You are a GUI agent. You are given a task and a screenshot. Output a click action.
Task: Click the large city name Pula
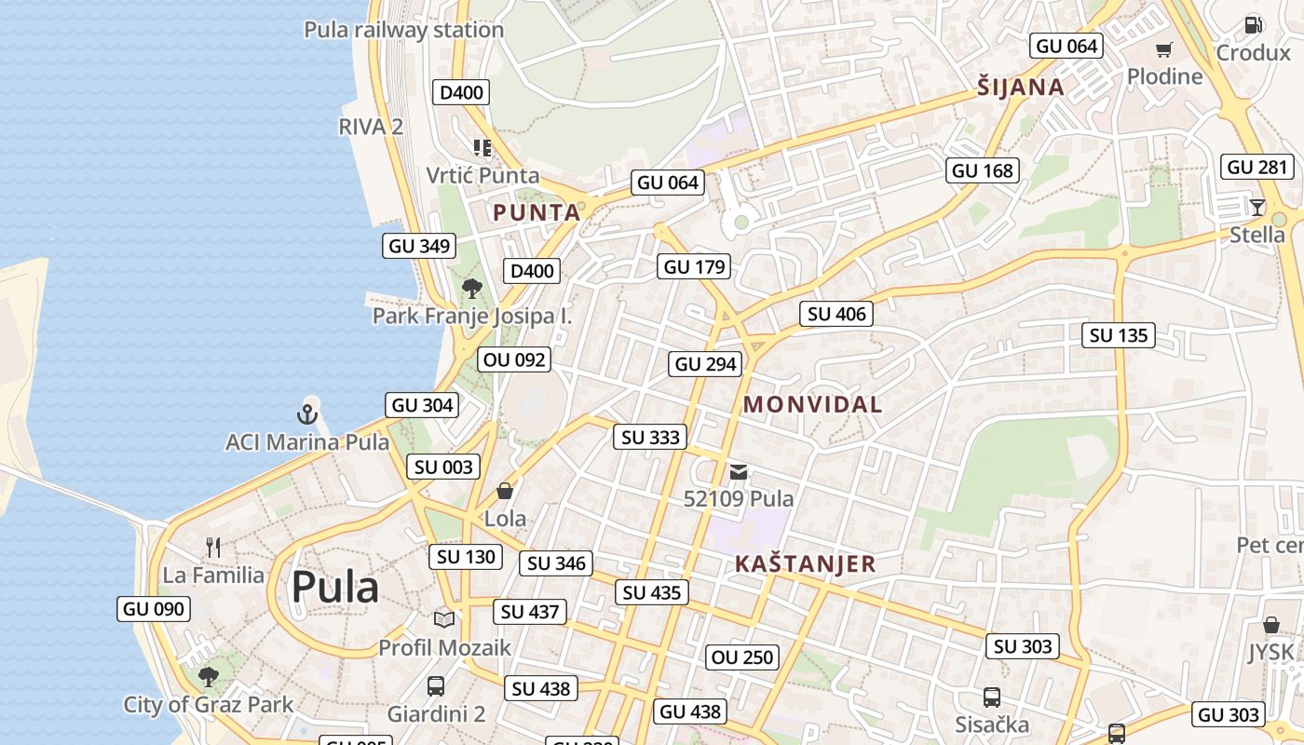click(x=334, y=588)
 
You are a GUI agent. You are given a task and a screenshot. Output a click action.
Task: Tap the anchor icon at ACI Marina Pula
click(x=307, y=413)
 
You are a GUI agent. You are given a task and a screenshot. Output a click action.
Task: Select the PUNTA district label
click(x=537, y=212)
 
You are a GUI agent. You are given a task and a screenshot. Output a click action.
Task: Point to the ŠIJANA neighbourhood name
click(x=1021, y=88)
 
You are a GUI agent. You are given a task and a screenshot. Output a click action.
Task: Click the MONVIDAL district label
click(x=813, y=404)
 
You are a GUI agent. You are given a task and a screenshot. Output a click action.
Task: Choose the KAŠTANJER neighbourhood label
click(x=806, y=563)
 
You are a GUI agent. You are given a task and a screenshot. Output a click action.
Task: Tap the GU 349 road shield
click(x=419, y=246)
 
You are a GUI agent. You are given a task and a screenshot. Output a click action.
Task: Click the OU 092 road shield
click(x=514, y=359)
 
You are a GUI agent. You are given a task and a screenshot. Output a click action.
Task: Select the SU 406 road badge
click(x=836, y=314)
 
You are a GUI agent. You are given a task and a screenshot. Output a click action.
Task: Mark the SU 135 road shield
click(x=1118, y=335)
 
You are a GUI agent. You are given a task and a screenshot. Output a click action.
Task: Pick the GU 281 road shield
click(x=1257, y=168)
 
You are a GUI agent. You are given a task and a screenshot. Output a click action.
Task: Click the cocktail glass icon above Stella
click(x=1257, y=207)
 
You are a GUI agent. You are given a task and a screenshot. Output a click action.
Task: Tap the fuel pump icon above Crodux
click(x=1253, y=25)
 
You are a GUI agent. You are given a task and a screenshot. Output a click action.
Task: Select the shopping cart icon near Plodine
click(x=1164, y=49)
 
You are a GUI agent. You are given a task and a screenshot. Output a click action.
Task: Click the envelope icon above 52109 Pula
click(x=739, y=472)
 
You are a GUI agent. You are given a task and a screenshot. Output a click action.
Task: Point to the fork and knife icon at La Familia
click(x=213, y=548)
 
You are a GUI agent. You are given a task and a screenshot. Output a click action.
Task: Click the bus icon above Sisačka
click(x=992, y=697)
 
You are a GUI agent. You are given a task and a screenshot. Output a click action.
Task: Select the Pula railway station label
click(x=404, y=30)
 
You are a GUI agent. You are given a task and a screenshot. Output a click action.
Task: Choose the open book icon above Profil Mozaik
click(x=444, y=619)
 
